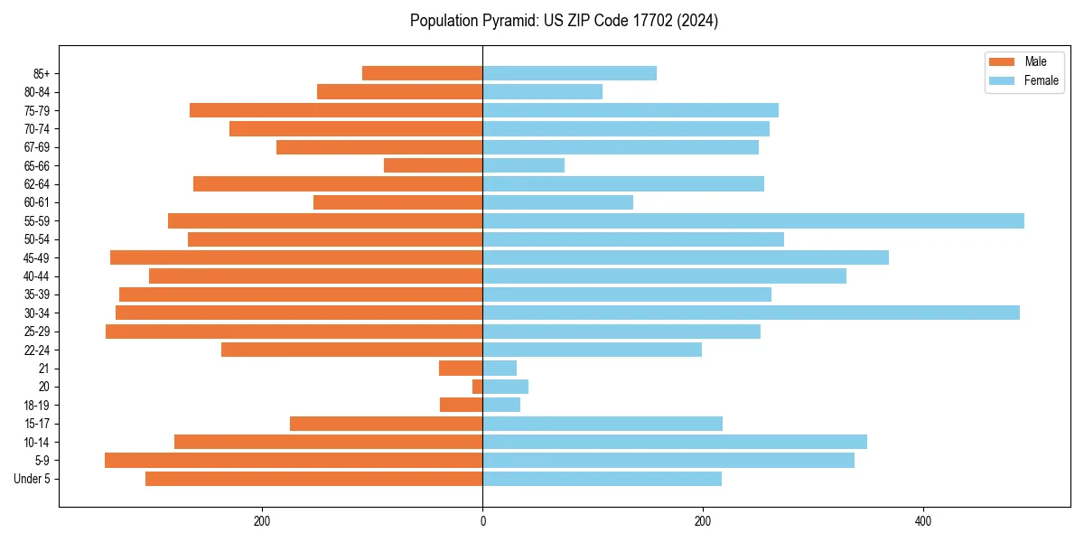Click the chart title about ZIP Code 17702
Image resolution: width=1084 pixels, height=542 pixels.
[564, 21]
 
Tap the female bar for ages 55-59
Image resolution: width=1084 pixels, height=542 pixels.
[753, 220]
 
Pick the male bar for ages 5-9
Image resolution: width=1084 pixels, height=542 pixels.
[294, 460]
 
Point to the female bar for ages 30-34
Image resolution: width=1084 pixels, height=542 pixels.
[751, 313]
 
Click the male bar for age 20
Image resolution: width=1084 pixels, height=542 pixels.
[478, 387]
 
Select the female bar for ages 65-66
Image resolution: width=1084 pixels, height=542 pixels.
[524, 165]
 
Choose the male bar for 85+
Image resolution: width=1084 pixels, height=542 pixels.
[423, 73]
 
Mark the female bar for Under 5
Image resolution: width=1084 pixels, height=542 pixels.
[603, 479]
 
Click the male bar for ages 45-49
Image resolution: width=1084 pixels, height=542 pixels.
[296, 257]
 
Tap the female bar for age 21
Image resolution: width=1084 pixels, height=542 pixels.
[500, 368]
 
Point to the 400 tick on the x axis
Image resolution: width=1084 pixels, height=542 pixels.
[922, 521]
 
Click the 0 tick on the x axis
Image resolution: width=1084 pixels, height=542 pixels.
[482, 521]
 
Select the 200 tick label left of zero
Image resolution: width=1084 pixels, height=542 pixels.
[262, 521]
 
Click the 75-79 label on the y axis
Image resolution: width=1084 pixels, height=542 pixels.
[37, 110]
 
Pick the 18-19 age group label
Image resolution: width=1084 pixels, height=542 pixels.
[37, 405]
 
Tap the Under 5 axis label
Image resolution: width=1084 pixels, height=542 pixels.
[33, 479]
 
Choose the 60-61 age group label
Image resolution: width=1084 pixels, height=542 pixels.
[37, 202]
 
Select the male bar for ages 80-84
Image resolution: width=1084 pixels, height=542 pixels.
[400, 91]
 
